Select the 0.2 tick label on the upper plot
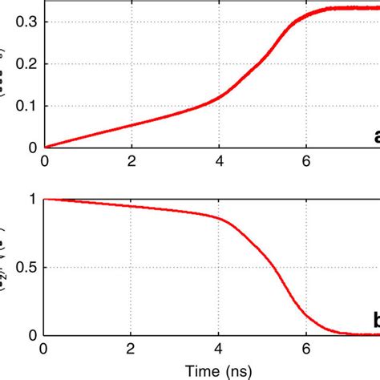(x=26, y=63)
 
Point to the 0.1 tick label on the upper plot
(x=26, y=105)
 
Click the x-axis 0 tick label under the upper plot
(x=44, y=160)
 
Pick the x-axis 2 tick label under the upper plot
(x=131, y=160)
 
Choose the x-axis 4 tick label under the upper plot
(x=219, y=160)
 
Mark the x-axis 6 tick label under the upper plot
(x=306, y=160)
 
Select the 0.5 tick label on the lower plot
(x=26, y=267)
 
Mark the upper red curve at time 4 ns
(x=219, y=97)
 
